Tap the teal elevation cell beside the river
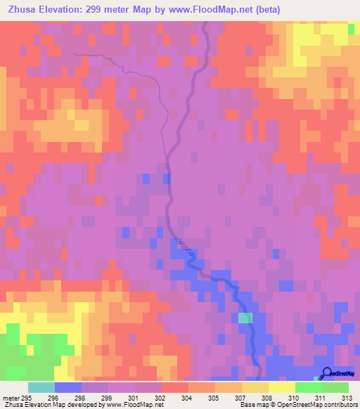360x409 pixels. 245,318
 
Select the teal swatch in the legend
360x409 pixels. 41,387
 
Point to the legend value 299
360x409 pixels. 124,396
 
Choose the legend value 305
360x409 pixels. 230,396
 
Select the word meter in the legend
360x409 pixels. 11,396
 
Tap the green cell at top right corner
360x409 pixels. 351,29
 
